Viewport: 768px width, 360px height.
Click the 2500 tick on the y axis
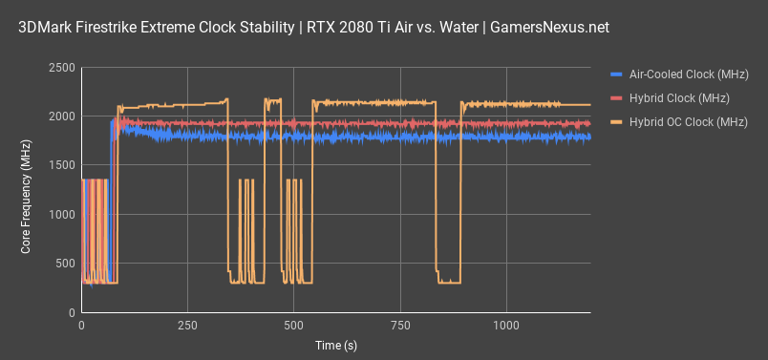pos(60,68)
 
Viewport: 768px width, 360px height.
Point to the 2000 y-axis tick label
pos(60,116)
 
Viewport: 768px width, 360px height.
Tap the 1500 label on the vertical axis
pos(60,165)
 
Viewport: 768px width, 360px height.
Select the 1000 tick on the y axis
pos(60,215)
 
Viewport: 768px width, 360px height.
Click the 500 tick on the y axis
pos(64,264)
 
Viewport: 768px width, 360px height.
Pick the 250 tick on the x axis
pos(187,327)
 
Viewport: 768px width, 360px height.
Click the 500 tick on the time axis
pos(293,327)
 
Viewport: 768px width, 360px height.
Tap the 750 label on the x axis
pos(399,327)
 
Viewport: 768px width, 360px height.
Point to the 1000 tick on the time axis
pos(505,327)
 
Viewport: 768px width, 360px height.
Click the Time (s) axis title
pos(336,345)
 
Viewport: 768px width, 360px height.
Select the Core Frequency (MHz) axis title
pos(26,191)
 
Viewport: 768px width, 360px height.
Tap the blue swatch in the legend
pos(616,74)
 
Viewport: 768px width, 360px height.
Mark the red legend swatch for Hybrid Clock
pos(616,97)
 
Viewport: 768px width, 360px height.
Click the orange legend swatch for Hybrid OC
pos(616,121)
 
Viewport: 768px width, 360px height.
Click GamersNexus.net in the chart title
pos(546,28)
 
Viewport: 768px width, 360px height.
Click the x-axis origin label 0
pos(81,327)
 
